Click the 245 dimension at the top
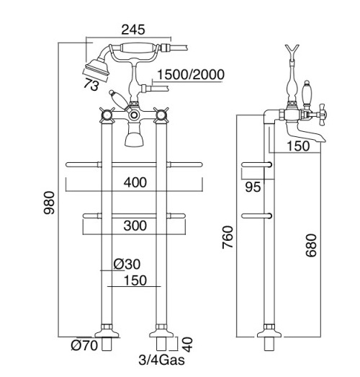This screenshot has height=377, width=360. (133, 30)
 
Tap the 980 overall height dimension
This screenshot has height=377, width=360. (49, 203)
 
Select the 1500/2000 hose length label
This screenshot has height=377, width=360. (191, 74)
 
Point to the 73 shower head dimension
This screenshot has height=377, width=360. (91, 84)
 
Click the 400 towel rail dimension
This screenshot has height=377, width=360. (135, 182)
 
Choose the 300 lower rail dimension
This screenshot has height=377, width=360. (135, 226)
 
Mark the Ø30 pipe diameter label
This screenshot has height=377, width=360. (127, 264)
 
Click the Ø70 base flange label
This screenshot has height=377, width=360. (84, 345)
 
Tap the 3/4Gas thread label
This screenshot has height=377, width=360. (161, 360)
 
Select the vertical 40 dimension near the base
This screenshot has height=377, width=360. (187, 345)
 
